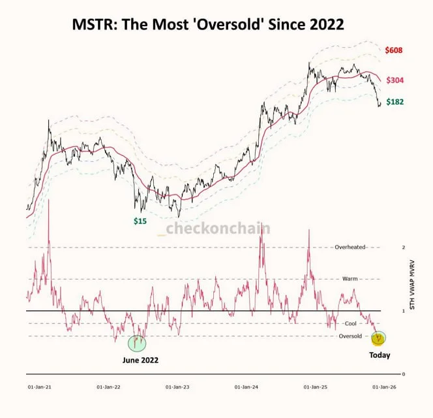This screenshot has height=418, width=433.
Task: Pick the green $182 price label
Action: tap(395, 103)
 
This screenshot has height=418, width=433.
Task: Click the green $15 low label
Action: tap(140, 221)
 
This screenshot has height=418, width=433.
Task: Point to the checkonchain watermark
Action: tap(218, 229)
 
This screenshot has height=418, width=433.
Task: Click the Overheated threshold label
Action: tap(350, 248)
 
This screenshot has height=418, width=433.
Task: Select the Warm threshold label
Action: tap(350, 279)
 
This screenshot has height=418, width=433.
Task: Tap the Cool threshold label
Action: tap(350, 323)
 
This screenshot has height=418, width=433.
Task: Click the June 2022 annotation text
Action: tap(140, 360)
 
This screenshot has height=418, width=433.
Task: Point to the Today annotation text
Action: tap(379, 356)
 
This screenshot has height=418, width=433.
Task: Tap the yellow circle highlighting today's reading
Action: tap(378, 338)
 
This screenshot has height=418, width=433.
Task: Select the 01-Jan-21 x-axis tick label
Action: tap(40, 387)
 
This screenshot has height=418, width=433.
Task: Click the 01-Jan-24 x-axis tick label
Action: tap(246, 387)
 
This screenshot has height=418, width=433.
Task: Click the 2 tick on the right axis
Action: tap(404, 248)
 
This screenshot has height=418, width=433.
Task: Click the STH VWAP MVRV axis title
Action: tap(421, 287)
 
